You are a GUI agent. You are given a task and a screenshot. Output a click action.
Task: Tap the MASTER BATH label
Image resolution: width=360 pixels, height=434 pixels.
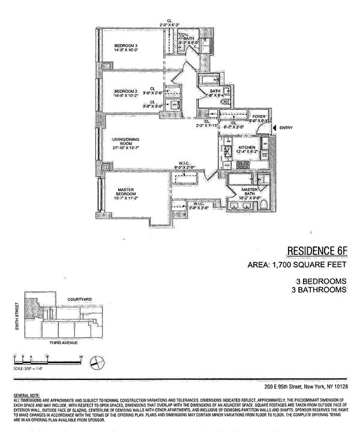point(248,191)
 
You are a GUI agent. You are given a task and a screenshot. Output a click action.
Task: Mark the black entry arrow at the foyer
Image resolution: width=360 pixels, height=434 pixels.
point(274,128)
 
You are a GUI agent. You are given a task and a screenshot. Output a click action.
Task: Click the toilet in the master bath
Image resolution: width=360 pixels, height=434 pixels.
point(264,206)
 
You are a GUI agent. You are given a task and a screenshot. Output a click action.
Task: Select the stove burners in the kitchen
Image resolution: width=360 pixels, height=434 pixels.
point(229,149)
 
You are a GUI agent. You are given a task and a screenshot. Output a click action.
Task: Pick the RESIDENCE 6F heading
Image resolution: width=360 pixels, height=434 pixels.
point(316,250)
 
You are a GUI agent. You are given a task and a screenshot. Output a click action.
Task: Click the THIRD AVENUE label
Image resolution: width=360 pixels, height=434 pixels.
point(63,343)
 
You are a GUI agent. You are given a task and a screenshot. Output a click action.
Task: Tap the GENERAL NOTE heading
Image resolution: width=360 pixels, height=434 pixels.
point(25,395)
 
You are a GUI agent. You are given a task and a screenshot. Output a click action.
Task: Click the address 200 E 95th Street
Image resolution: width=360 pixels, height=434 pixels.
point(282,387)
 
